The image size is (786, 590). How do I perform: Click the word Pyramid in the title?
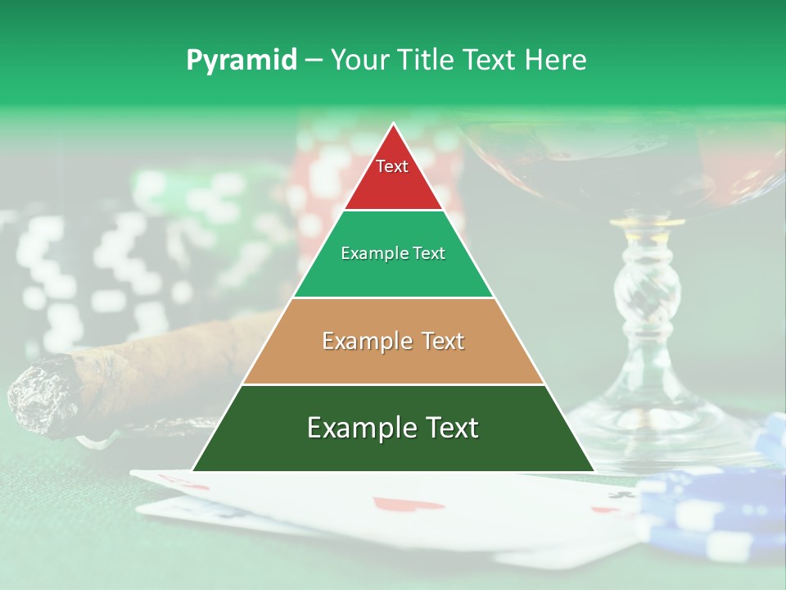click(x=242, y=60)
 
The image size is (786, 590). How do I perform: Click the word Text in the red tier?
click(x=392, y=166)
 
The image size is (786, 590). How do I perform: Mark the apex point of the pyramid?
click(x=394, y=125)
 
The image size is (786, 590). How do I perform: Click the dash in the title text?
click(x=314, y=60)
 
